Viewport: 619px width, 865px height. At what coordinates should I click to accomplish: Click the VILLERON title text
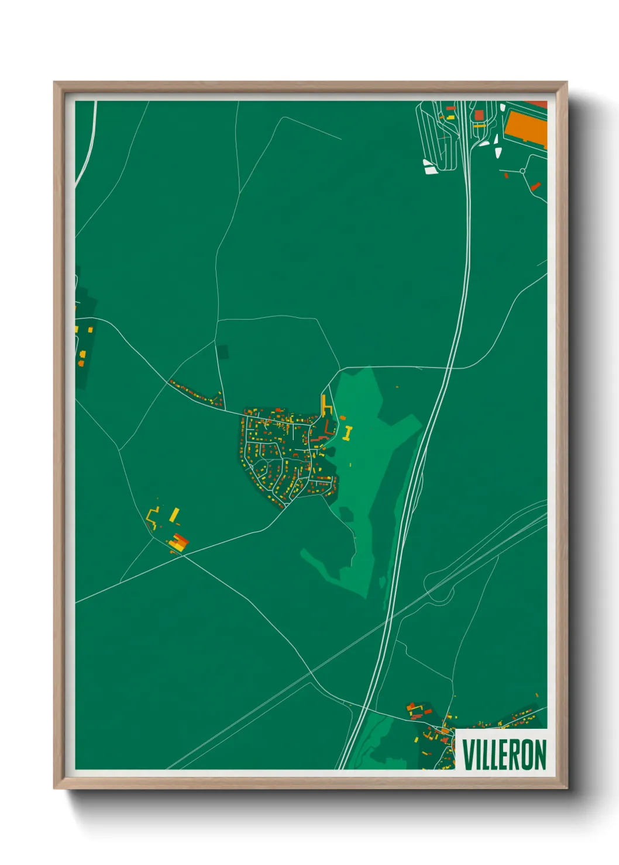pos(504,755)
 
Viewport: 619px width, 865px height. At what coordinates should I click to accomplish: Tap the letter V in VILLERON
pos(469,755)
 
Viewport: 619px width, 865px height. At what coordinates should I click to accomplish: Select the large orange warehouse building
pos(525,128)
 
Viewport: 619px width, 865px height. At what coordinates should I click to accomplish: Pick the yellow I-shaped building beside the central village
pos(348,433)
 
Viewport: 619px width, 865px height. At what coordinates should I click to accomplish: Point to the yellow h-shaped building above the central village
pos(325,406)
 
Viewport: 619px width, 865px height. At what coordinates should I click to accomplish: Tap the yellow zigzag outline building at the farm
pos(153,517)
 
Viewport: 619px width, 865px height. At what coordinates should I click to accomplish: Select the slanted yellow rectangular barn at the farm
pos(174,515)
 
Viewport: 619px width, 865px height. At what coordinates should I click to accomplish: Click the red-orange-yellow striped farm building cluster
pos(179,542)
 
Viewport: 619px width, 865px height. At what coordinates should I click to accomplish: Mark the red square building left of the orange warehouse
pos(479,115)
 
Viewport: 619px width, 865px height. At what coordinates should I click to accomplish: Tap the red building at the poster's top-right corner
pos(537,104)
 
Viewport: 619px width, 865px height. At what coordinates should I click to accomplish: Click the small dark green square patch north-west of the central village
pos(222,352)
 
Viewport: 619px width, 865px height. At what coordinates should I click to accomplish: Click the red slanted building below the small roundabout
pos(535,186)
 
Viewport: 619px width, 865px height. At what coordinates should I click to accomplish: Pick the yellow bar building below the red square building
pos(480,125)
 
